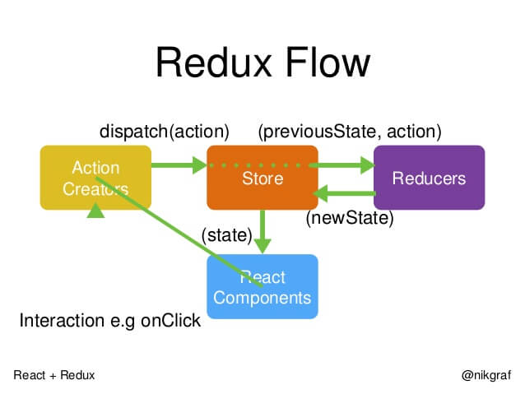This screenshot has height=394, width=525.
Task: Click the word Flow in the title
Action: click(x=322, y=63)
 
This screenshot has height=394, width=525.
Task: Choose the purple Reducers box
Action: click(x=429, y=178)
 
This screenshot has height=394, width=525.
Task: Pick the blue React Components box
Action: click(x=262, y=287)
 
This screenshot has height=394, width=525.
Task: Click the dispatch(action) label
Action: click(x=165, y=132)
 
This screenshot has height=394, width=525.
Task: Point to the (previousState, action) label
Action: click(x=350, y=132)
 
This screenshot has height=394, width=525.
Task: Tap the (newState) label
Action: click(x=350, y=219)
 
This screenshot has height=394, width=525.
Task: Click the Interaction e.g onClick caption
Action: click(x=109, y=320)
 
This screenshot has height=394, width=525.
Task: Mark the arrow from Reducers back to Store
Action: click(x=346, y=194)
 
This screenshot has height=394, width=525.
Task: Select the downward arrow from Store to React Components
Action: click(x=262, y=232)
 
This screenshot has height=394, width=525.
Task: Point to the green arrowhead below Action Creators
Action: click(x=96, y=211)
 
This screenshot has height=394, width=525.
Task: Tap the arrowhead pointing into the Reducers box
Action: click(x=365, y=166)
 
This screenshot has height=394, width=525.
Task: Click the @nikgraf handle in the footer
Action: click(x=486, y=374)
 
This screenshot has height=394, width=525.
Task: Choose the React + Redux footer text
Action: click(x=54, y=374)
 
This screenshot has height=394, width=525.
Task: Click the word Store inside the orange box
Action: click(x=262, y=178)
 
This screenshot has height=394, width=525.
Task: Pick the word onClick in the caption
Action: click(x=170, y=320)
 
